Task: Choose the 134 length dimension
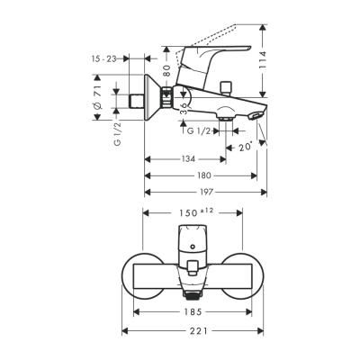[x=188, y=159]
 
